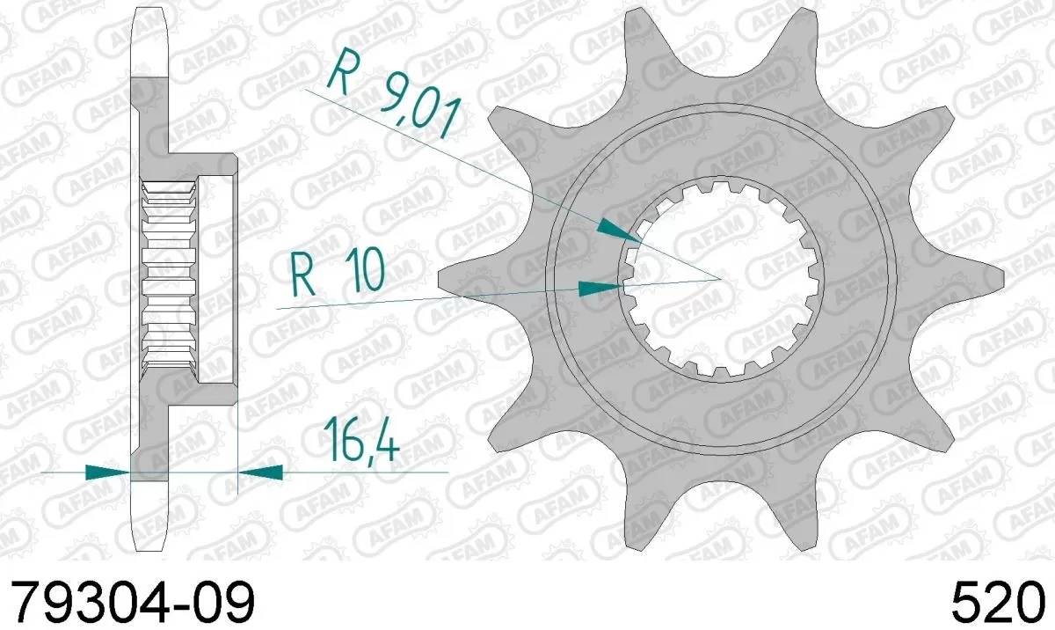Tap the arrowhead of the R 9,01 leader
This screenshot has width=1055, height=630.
click(619, 231)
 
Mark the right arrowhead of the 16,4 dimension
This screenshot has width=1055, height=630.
click(261, 472)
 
